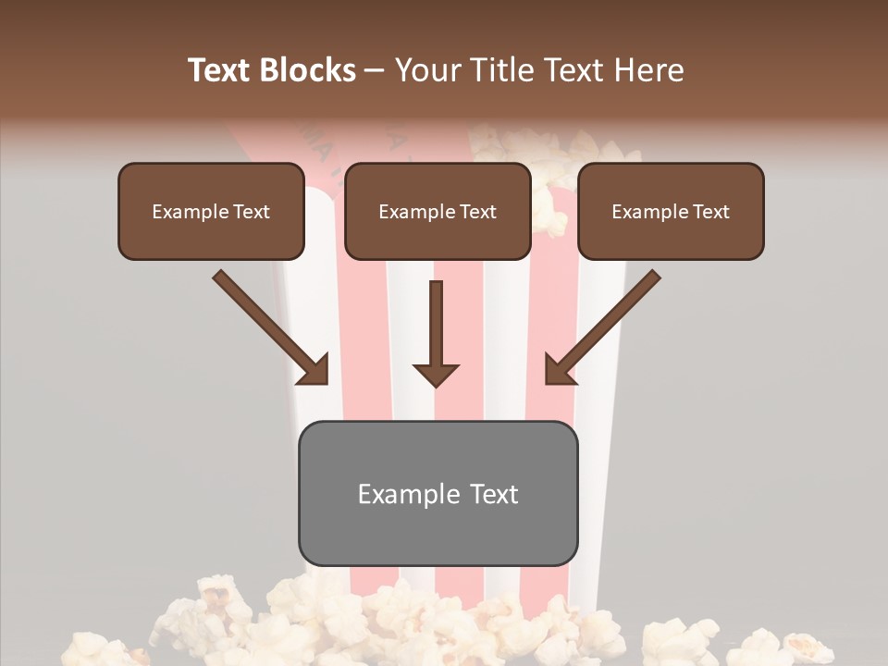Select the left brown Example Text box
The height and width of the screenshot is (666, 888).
[211, 211]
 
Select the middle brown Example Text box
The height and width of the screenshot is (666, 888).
[438, 211]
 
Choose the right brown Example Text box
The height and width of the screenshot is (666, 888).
[671, 211]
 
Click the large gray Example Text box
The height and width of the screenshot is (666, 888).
[438, 493]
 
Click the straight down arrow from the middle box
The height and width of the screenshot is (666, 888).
[436, 324]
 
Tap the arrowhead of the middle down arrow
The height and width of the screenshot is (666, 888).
[436, 375]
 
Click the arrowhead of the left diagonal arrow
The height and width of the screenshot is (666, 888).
[314, 369]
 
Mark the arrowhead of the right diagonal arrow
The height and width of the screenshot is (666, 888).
[558, 369]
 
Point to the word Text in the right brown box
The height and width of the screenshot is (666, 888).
[710, 212]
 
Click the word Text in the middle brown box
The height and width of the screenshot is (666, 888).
[477, 212]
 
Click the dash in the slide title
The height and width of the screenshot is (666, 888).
[375, 70]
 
